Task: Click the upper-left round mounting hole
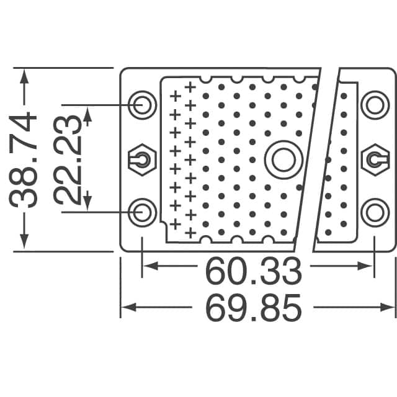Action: click(x=143, y=104)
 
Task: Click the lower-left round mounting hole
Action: click(x=143, y=212)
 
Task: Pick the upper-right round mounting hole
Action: click(x=375, y=104)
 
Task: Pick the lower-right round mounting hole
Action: click(x=375, y=212)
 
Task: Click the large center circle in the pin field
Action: click(x=280, y=159)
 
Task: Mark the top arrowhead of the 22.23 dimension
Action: click(x=87, y=114)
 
